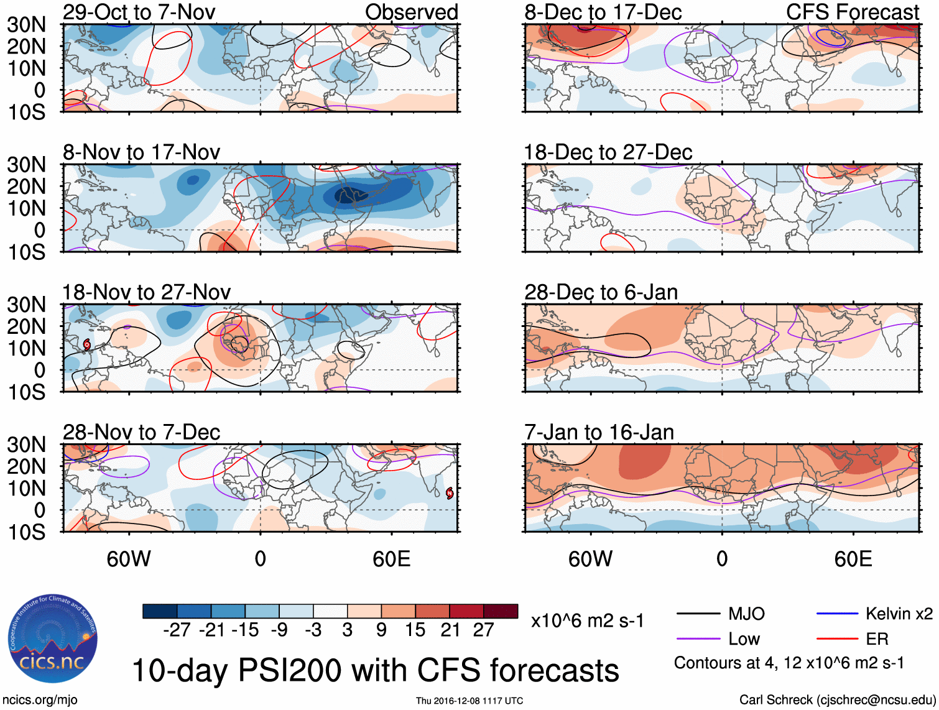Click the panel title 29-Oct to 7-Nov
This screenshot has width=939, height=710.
pos(139,12)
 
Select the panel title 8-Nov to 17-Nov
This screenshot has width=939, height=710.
pos(141,152)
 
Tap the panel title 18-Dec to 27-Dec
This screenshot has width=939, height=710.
pos(608,152)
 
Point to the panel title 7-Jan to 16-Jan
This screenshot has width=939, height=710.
pos(599,432)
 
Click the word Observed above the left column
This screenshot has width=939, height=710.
pos(411,12)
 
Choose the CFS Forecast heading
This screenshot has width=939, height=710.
pos(852,12)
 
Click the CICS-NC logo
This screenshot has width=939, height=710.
pos(53,639)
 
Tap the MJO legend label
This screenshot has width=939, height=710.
pos(746,614)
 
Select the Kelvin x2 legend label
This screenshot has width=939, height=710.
pos(899,614)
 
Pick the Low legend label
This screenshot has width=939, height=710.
pos(744,639)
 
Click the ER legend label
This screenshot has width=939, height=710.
pos(877,639)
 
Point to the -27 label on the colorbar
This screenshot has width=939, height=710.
pos(177,630)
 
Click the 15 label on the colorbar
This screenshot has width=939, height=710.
pos(415,630)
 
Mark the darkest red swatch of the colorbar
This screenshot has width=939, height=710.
pos(501,611)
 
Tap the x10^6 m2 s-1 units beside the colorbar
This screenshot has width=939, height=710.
pos(587,621)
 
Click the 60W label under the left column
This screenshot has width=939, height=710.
pos(129,559)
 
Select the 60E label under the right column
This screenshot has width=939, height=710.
pos(853,559)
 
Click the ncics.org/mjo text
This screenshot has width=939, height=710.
pos(40,700)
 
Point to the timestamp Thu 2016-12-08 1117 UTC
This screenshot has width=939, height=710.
pos(470,701)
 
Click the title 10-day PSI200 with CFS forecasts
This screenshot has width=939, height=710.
pos(375,670)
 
